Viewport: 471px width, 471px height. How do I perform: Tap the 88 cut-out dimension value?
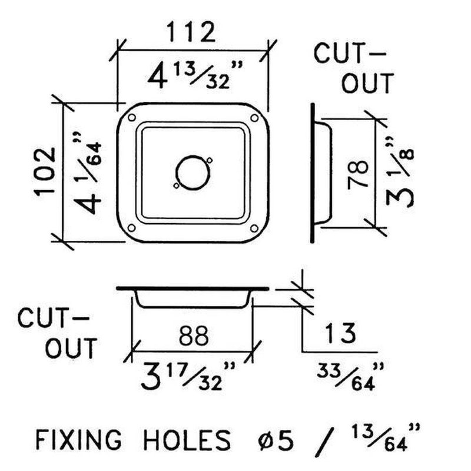click(x=193, y=336)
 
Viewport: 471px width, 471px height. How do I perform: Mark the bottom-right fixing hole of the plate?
click(x=254, y=227)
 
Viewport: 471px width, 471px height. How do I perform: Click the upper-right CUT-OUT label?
click(x=352, y=68)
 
